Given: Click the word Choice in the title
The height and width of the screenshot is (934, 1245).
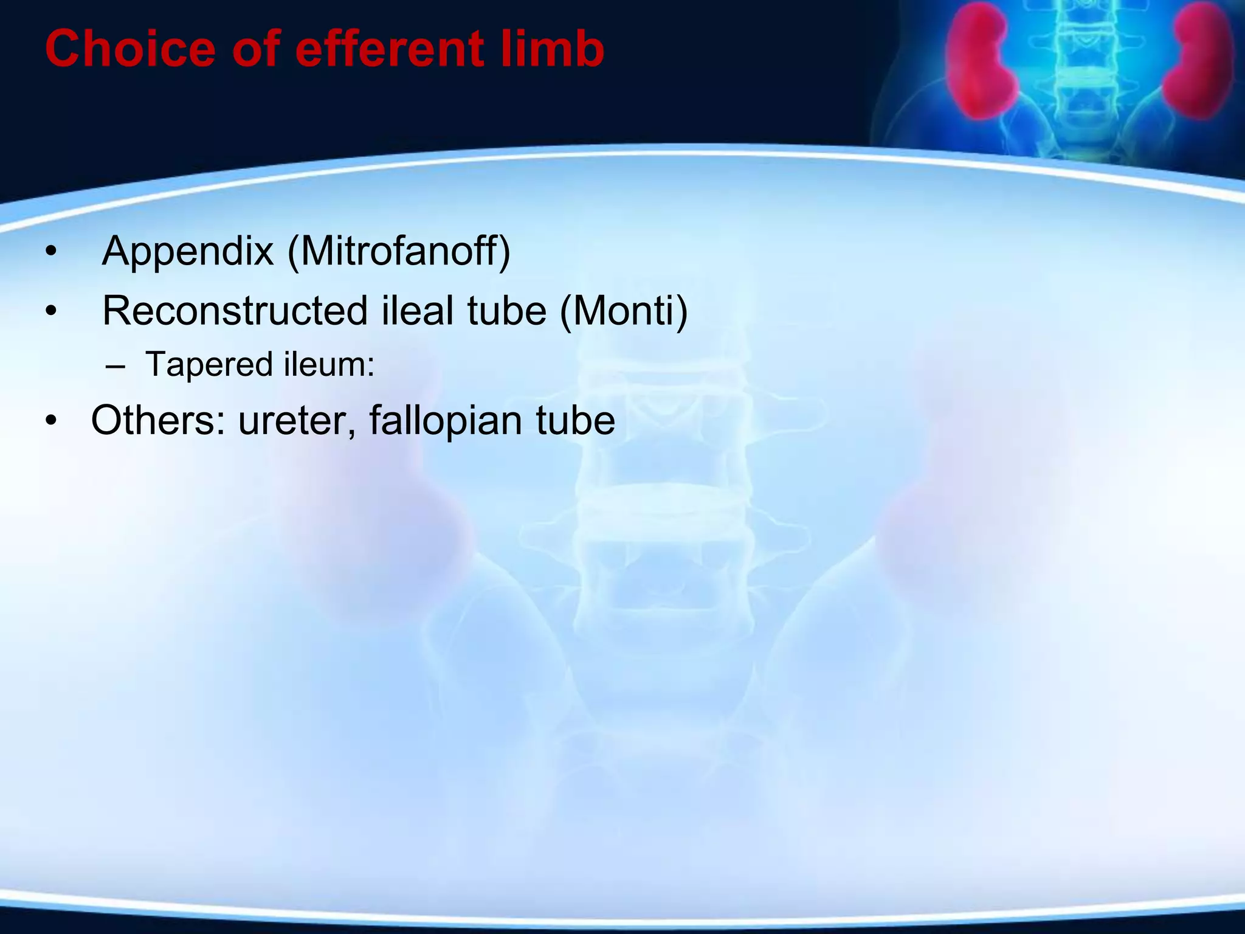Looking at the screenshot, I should (x=129, y=49).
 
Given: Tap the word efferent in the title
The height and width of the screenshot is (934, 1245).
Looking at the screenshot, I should (x=389, y=49).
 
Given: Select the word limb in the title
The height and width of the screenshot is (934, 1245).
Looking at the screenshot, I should (x=553, y=49).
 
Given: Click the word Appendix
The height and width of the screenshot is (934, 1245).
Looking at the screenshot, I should (x=188, y=251).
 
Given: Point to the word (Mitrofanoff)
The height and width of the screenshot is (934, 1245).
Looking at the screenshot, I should (x=399, y=251).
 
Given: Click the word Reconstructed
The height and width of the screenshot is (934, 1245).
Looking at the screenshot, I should (x=235, y=311).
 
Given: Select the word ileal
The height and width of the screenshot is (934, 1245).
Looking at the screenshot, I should (x=418, y=311).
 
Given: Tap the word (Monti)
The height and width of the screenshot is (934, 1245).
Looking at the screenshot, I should (x=623, y=311).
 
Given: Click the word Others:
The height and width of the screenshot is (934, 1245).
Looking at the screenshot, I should (x=158, y=420).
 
